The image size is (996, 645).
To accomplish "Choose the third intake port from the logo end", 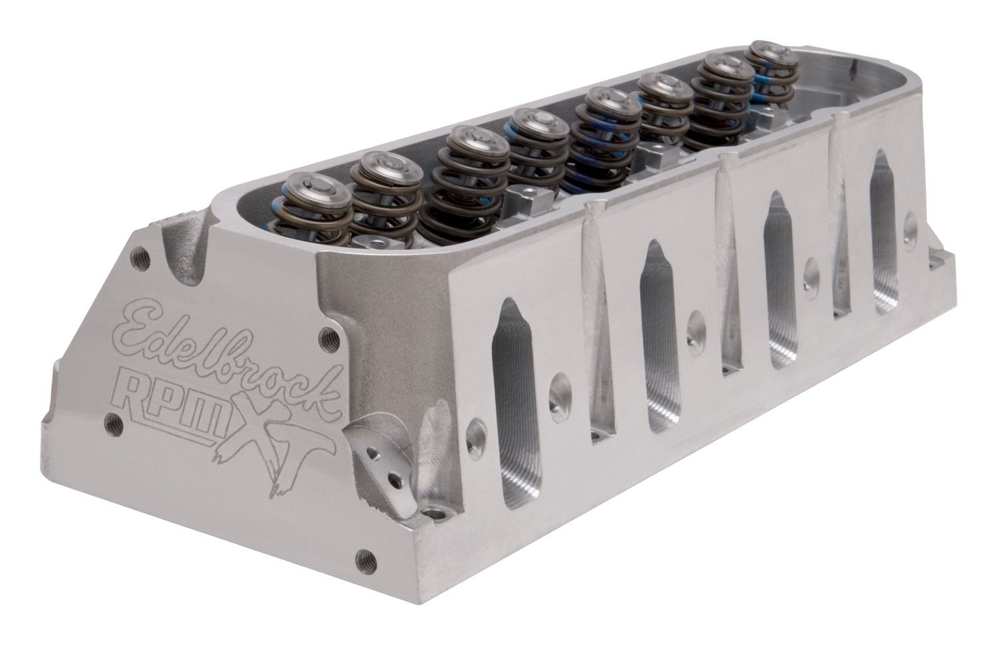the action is tap(784, 280).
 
